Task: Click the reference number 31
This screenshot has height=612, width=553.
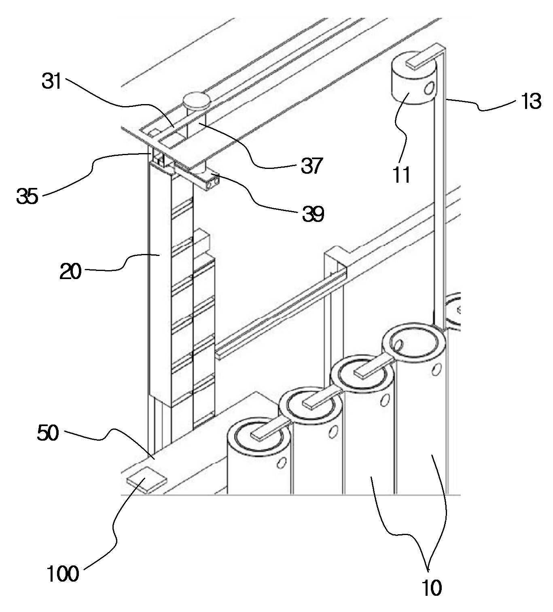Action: click(x=52, y=82)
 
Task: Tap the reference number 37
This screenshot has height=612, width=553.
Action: click(x=311, y=166)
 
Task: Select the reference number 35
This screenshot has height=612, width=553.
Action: click(x=28, y=196)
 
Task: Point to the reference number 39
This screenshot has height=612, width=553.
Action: click(x=313, y=214)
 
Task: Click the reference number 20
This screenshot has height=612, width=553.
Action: click(x=70, y=271)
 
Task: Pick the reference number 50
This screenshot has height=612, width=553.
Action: click(x=48, y=433)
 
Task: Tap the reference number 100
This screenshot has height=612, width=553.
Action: click(x=63, y=574)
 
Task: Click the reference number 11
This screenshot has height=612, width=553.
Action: click(x=401, y=175)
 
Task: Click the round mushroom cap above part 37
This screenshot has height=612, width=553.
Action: click(x=197, y=101)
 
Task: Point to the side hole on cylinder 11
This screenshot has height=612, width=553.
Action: click(x=430, y=88)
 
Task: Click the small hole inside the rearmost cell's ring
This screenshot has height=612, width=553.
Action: click(x=399, y=345)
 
